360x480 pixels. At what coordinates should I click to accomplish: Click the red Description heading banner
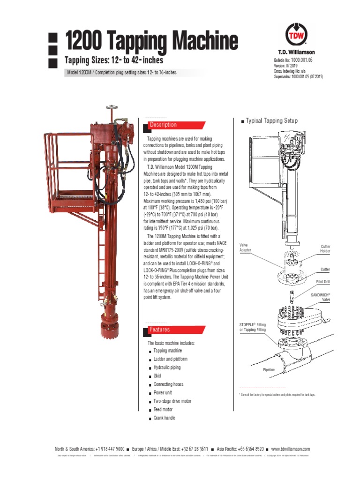pos(176,125)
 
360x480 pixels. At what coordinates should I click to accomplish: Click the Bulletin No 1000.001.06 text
pos(300,60)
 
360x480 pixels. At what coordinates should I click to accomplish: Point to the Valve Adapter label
pos(246,248)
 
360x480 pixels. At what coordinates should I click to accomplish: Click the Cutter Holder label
pos(324,249)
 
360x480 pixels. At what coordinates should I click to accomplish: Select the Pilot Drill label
pos(323,283)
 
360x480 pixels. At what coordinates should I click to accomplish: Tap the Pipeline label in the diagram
pos(269,370)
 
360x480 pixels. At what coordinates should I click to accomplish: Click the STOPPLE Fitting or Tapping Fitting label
pos(253,327)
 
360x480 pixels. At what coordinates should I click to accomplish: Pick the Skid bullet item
pos(157,376)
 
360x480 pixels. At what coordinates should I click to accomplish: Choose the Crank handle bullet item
pos(164,418)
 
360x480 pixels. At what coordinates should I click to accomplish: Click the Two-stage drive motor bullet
pos(172,401)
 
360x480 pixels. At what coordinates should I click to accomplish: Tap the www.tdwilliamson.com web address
pos(290,449)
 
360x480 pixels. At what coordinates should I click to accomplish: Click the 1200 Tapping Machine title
pos(151,42)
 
